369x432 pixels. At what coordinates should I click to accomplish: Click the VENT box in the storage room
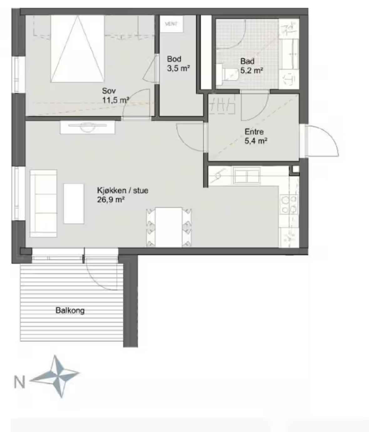point(171,24)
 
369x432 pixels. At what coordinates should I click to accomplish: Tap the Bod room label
point(174,59)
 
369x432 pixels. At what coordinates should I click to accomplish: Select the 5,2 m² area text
point(251,70)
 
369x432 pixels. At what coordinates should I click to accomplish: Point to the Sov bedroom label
point(109,91)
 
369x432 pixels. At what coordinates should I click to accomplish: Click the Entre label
point(254,132)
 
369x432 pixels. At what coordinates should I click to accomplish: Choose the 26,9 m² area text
point(111,200)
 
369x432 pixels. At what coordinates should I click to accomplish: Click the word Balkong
point(70,310)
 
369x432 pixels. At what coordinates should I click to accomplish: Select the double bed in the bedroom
point(78,49)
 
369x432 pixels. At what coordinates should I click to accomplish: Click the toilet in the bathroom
point(227,75)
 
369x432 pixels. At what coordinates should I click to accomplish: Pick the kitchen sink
point(247,176)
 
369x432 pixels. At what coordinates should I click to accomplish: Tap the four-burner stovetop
point(289,204)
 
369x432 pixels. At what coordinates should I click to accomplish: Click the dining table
point(169,227)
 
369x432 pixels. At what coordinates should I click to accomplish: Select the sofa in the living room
point(44,203)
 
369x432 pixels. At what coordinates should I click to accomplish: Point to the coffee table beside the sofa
point(74,204)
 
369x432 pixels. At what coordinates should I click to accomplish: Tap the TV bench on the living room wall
point(88,128)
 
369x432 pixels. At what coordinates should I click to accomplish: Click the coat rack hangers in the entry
point(223,105)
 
